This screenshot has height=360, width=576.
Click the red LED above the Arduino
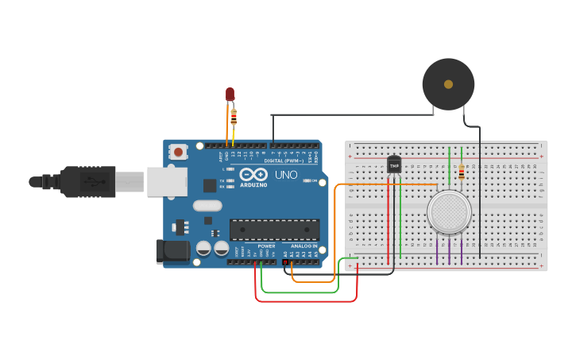click(230, 95)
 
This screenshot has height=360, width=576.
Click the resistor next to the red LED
click(234, 117)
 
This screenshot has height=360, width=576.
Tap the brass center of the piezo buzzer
click(448, 83)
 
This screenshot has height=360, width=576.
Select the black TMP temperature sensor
click(394, 165)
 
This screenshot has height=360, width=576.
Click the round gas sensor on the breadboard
click(449, 212)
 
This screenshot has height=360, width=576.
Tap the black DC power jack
click(172, 251)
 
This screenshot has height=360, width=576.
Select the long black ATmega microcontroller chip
click(274, 230)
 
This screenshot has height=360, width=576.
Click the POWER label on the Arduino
click(267, 246)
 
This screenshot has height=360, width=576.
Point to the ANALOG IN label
click(303, 246)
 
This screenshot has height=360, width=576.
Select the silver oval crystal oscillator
click(207, 206)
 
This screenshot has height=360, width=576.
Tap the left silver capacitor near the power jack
click(203, 248)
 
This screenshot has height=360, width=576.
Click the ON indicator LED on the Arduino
click(307, 181)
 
